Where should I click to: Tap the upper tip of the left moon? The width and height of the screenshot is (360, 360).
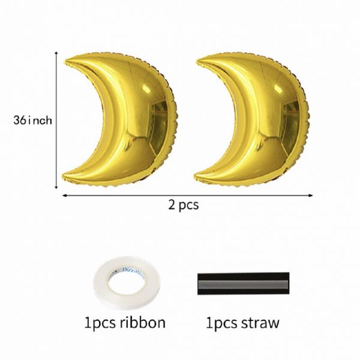coord(66,62)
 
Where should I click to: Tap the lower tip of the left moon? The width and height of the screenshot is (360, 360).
coord(63,177)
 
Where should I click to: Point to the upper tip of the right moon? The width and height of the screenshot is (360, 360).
coord(198,61)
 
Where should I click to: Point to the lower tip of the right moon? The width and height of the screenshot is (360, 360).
coord(196,177)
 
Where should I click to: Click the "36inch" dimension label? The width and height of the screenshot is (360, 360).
coord(32,120)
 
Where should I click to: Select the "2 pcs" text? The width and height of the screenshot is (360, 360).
coord(184,205)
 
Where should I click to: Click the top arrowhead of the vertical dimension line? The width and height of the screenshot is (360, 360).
coord(56,53)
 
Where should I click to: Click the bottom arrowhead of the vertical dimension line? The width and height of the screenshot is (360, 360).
coord(56,187)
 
